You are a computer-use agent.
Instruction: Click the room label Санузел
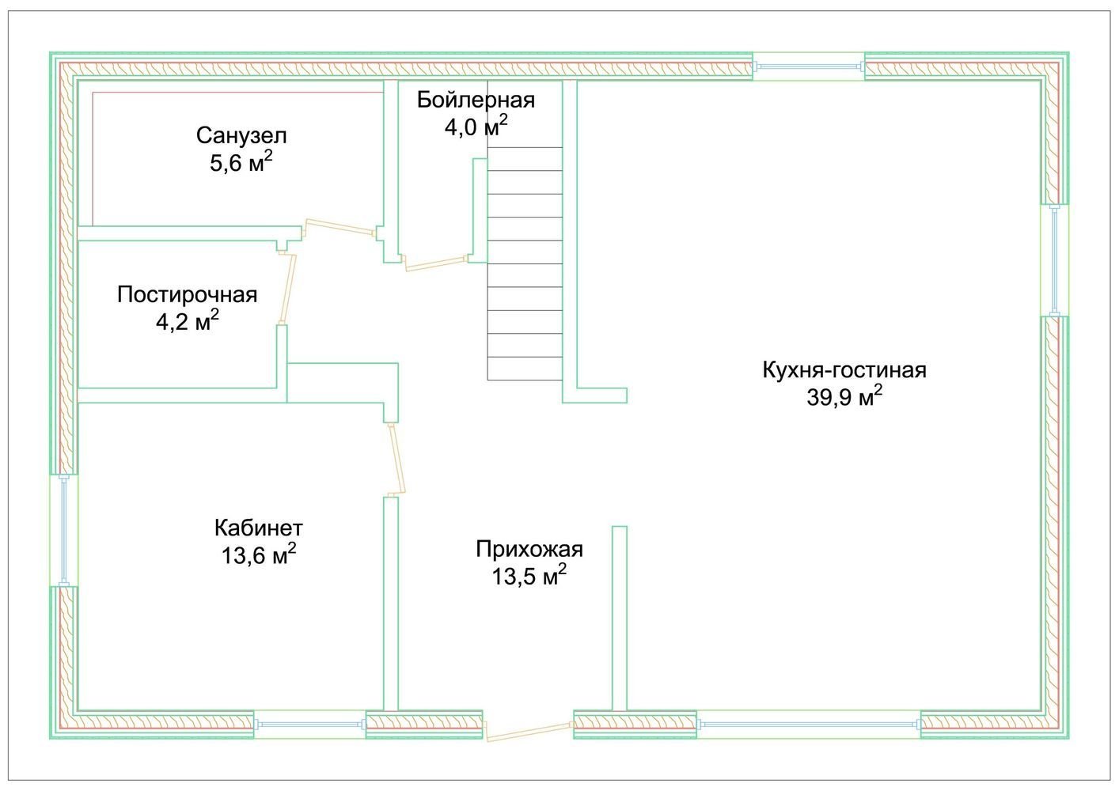pos(241,135)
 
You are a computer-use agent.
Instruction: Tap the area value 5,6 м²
pos(241,162)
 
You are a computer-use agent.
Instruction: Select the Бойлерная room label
pos(476,100)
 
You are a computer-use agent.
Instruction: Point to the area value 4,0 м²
pos(475,127)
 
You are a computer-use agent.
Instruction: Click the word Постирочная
pos(188,295)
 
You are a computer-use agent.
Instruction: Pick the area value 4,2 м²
pos(188,321)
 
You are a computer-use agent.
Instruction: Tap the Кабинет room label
pos(259,528)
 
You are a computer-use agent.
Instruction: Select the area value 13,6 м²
pos(259,554)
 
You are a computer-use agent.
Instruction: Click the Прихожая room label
pos(529,549)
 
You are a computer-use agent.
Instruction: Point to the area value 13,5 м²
pos(529,576)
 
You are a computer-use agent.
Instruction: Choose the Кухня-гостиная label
pos(844,369)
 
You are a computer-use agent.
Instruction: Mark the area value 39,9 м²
pos(844,396)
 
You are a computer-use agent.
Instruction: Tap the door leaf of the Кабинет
pos(396,460)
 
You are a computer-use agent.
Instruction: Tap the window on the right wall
pos(1054,260)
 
